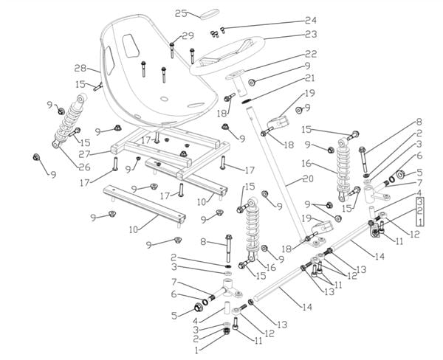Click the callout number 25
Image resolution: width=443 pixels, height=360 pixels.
pyautogui.click(x=181, y=13)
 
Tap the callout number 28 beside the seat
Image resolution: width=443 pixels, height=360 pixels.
pyautogui.click(x=80, y=68)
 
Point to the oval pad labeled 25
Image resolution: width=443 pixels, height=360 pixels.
pyautogui.click(x=210, y=14)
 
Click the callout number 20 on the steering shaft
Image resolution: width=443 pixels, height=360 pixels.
pyautogui.click(x=307, y=179)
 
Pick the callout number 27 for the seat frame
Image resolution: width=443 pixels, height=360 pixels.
pyautogui.click(x=84, y=154)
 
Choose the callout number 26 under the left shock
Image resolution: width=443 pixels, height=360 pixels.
pyautogui.click(x=84, y=167)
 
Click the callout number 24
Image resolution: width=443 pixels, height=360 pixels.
pyautogui.click(x=311, y=21)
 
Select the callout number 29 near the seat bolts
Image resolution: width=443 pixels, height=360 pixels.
pyautogui.click(x=188, y=36)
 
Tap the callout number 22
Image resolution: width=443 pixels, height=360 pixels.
pyautogui.click(x=311, y=54)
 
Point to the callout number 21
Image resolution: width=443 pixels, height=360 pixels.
pyautogui.click(x=310, y=78)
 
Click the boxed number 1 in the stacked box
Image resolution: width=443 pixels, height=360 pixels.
pyautogui.click(x=420, y=221)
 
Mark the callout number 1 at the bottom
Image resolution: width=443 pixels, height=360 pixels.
pyautogui.click(x=197, y=350)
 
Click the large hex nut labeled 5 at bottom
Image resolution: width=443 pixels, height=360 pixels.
pyautogui.click(x=199, y=307)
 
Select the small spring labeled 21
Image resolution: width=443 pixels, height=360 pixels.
pyautogui.click(x=246, y=101)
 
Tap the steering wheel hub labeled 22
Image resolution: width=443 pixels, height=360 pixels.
pyautogui.click(x=236, y=83)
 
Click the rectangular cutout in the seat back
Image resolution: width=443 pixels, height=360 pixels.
pyautogui.click(x=131, y=46)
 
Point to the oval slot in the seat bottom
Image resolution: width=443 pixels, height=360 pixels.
pyautogui.click(x=196, y=105)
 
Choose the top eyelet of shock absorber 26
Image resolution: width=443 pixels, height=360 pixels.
pyautogui.click(x=82, y=99)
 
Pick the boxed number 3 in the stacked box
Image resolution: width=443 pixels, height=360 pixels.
pyautogui.click(x=420, y=201)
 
